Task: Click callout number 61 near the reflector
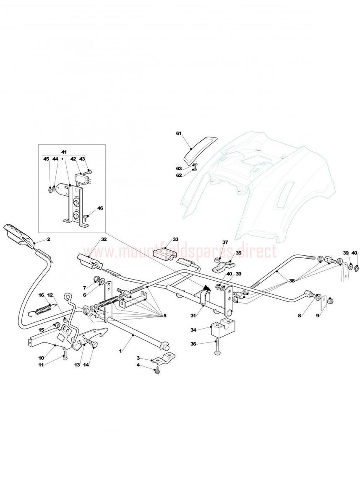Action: coord(178,133)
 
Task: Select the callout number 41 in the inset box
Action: coord(64,151)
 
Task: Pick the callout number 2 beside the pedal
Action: coord(48,239)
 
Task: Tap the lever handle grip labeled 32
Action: coord(90,261)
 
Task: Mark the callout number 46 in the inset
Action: coord(100,207)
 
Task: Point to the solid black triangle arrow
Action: coord(206,288)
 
